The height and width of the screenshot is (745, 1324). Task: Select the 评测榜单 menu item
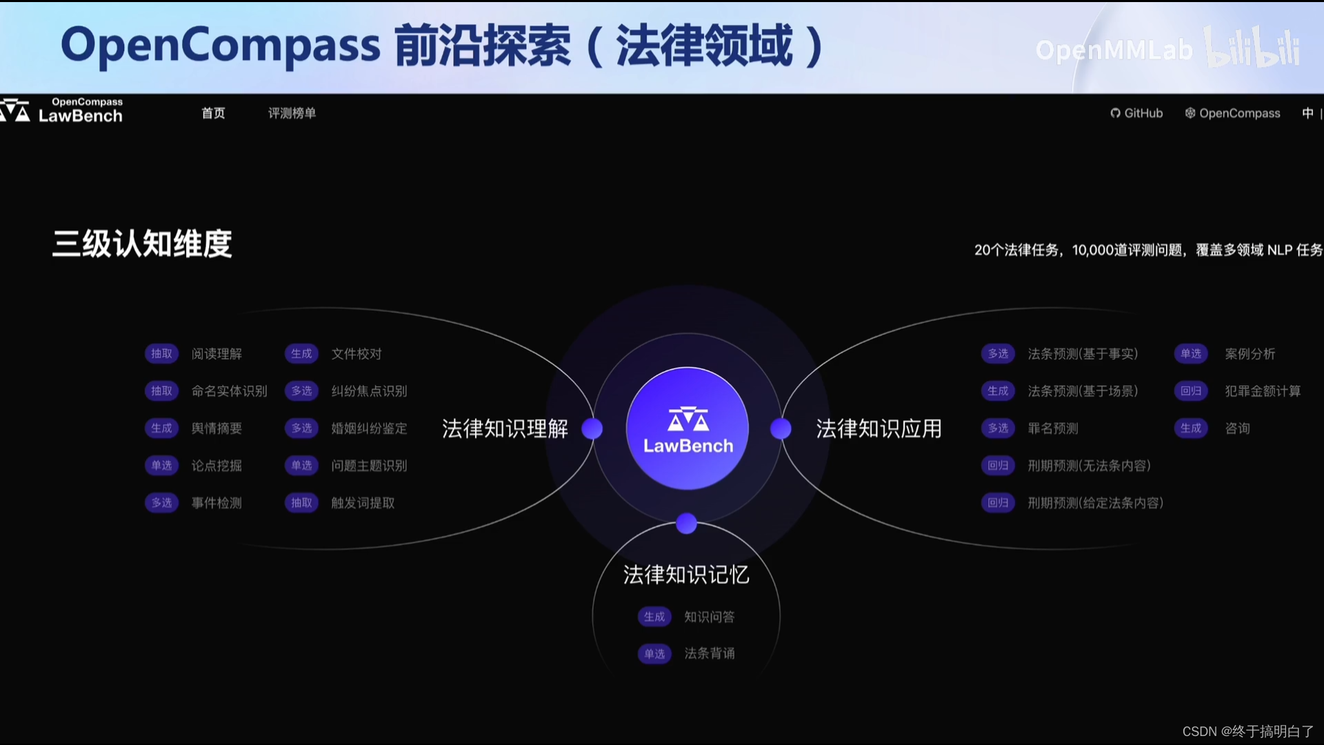click(292, 113)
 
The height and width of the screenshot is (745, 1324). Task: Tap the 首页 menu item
click(213, 113)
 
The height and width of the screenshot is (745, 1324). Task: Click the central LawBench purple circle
click(688, 428)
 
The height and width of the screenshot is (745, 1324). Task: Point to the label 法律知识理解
click(505, 429)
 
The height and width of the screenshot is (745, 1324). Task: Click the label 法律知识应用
click(879, 429)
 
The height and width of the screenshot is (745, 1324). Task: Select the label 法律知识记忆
click(685, 575)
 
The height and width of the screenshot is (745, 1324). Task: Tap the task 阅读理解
click(217, 354)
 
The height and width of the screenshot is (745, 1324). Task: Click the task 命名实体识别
click(229, 391)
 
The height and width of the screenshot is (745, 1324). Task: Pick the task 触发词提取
click(363, 503)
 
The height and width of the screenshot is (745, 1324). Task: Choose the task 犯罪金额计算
click(1263, 391)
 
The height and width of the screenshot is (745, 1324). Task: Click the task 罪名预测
click(1052, 428)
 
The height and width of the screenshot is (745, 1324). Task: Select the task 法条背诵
click(709, 653)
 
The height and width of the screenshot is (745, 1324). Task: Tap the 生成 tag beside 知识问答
click(654, 617)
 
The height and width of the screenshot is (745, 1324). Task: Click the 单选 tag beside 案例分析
click(1190, 354)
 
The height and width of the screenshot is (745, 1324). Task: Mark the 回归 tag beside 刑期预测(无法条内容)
click(997, 466)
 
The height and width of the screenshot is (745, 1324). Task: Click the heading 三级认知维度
click(142, 244)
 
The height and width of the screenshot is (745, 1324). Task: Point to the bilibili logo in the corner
click(1252, 48)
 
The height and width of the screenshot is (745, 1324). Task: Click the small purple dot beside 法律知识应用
click(781, 428)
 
